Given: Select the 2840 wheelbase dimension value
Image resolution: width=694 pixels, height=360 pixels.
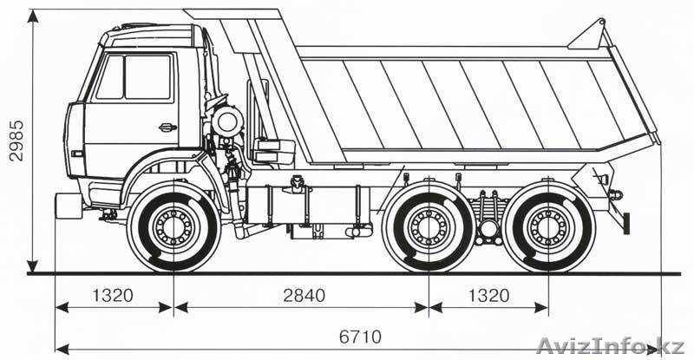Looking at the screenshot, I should (x=304, y=295).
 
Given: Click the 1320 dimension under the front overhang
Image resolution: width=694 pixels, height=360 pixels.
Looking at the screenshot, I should (x=112, y=295).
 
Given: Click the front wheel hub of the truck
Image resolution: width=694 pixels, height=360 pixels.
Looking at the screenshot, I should (x=173, y=228).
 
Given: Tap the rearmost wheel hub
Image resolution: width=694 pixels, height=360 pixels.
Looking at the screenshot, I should (x=547, y=227).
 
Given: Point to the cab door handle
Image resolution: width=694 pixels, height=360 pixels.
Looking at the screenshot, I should (x=167, y=128).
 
